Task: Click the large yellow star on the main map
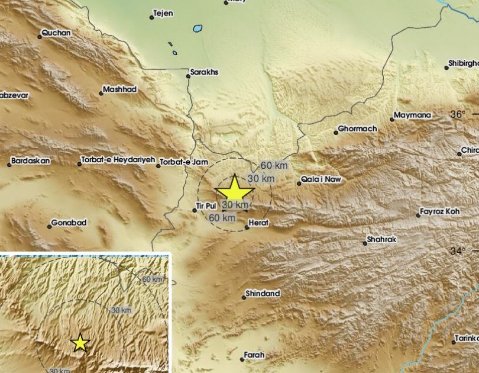tap(235, 190)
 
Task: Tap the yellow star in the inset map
tap(80, 343)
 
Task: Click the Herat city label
tap(259, 222)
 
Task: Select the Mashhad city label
tap(119, 89)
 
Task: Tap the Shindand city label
tap(262, 293)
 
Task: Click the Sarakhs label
tap(204, 72)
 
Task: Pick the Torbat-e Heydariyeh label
tap(116, 160)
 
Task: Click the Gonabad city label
tap(69, 223)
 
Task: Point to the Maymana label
tap(412, 115)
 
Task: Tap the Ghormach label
tap(357, 128)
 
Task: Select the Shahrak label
tap(381, 239)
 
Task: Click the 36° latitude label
tap(458, 114)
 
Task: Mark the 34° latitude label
tap(457, 251)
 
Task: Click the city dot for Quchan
tap(40, 37)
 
